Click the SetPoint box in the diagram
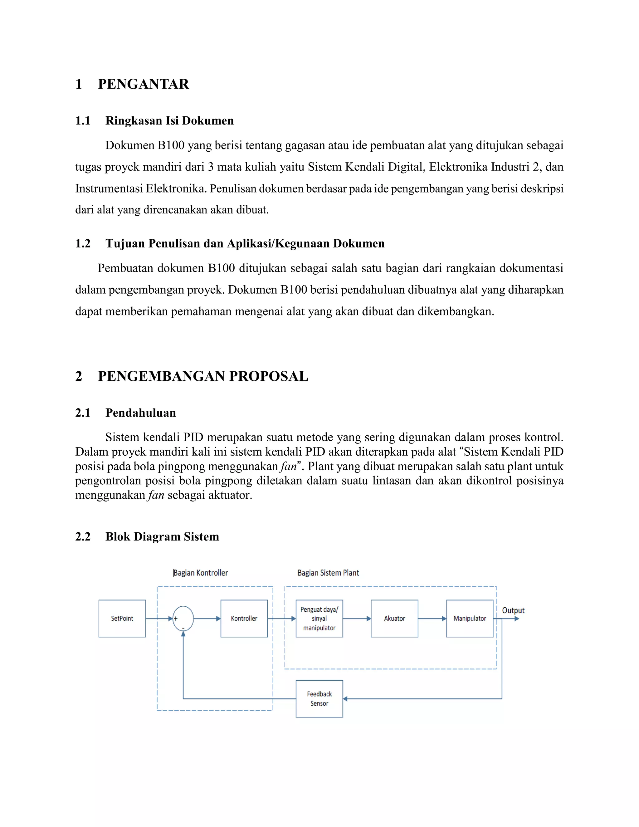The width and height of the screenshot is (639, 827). pos(122,618)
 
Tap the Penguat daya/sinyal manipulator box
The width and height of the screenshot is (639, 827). pos(319,618)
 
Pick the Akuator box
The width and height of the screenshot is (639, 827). pos(394,618)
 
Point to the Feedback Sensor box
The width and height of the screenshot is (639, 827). pos(319,699)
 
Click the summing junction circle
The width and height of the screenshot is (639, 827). pos(183,618)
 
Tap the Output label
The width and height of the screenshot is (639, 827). pos(513,610)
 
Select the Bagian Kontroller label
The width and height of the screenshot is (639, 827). pos(201,573)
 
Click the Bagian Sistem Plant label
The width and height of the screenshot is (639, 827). pos(328,573)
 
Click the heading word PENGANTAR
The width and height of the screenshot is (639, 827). pos(143,84)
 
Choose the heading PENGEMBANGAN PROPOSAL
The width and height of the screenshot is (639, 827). pos(203,376)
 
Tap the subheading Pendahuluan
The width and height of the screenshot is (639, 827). pos(140,413)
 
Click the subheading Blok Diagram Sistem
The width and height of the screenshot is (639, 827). pos(162,536)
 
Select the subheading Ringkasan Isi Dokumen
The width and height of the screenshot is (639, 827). pos(169,121)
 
